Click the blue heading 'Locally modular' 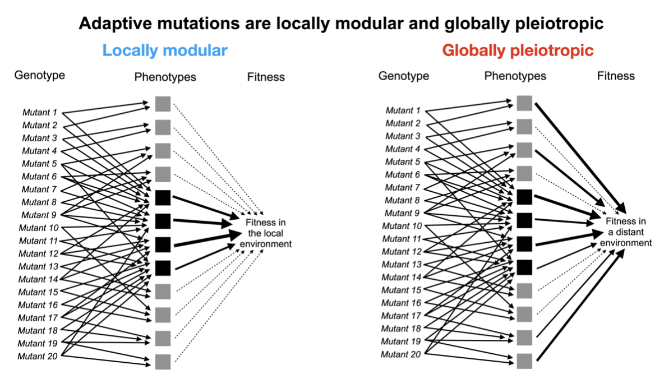point(165,50)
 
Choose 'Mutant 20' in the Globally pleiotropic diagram point(401,354)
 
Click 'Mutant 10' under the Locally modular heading point(38,228)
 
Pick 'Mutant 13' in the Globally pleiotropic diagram point(401,264)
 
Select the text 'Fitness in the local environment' point(266,233)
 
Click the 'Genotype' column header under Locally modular point(39,75)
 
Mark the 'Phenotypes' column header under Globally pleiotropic point(515,76)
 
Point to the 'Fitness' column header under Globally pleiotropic point(616,76)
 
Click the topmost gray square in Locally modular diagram point(163,104)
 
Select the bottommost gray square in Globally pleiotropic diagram point(524,361)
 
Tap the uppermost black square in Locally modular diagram point(163,198)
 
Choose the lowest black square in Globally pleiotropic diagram point(524,267)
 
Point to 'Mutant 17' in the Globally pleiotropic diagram point(401,316)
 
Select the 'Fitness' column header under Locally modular point(266,77)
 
